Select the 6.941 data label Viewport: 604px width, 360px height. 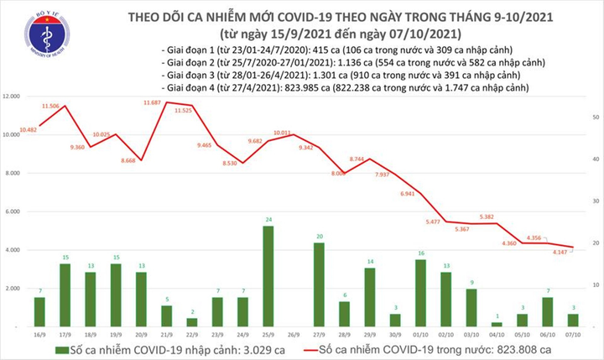(x=409, y=194)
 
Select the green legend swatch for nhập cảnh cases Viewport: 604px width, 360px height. (x=63, y=348)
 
